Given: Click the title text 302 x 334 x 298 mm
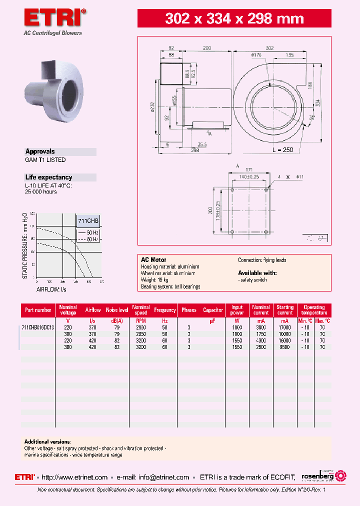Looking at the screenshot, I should [234, 19].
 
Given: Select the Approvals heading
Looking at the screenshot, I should [40, 151].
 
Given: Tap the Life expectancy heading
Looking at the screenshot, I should [48, 177].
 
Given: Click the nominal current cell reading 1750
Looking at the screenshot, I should [261, 333].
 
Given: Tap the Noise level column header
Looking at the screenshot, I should [117, 310].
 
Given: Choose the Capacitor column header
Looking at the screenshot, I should [213, 310].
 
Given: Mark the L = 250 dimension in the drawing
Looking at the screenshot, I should [282, 150].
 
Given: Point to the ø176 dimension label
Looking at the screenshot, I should [256, 55].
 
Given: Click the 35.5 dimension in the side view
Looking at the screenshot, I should [202, 144].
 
